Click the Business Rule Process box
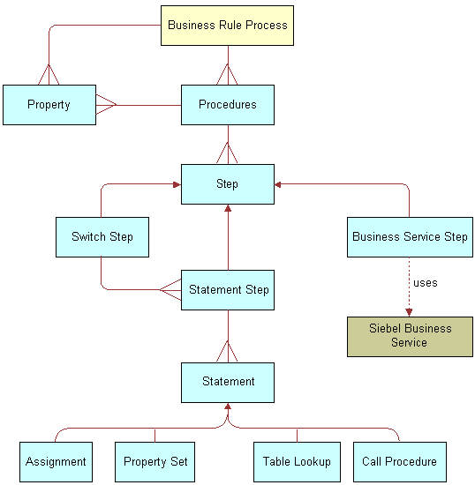click(227, 26)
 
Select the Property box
click(49, 105)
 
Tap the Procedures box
click(227, 105)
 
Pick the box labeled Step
click(227, 184)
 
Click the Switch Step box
click(102, 236)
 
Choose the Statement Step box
click(228, 289)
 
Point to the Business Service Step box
click(410, 236)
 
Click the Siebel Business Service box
click(410, 336)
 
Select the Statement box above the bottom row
click(228, 382)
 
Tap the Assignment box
click(56, 461)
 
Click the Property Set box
click(156, 461)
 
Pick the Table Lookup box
click(297, 461)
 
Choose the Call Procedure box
click(399, 461)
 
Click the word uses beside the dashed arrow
click(425, 283)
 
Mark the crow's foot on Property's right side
click(106, 105)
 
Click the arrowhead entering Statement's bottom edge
click(228, 407)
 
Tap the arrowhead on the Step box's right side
click(279, 184)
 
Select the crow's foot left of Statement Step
click(170, 289)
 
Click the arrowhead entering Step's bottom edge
click(228, 210)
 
